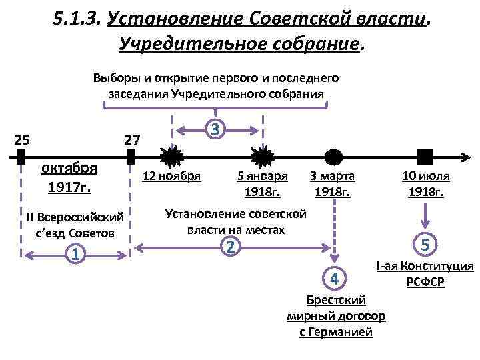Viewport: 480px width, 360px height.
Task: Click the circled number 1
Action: pos(77,254)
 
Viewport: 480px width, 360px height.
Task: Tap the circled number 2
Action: pos(230,247)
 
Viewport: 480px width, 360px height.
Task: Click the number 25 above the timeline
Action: pos(21,140)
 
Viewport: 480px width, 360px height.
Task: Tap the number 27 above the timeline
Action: pos(132,140)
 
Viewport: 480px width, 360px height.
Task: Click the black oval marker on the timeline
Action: pos(333,157)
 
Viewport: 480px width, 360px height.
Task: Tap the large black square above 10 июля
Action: pos(425,157)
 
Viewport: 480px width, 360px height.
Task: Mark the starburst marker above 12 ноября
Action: pos(173,157)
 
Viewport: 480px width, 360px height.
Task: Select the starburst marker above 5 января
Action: pos(262,157)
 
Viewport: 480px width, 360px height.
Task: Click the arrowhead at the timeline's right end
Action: pos(465,157)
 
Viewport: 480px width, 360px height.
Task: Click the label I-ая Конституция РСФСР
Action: pos(425,274)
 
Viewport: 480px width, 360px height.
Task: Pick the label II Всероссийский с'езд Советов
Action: pos(75,225)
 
